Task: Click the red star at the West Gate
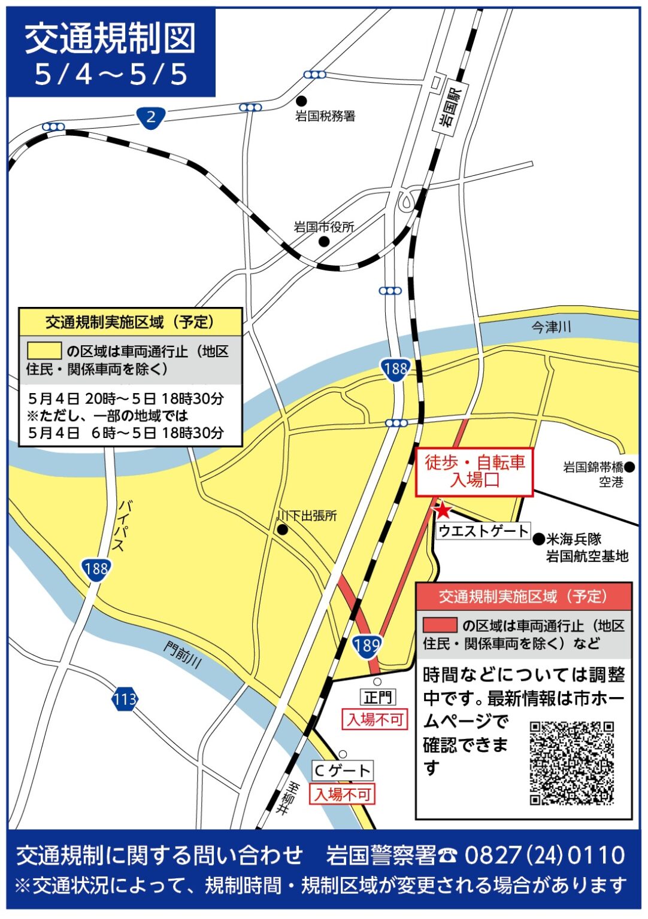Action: (443, 510)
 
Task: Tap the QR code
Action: (571, 763)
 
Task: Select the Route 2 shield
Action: (150, 117)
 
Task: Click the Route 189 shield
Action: (366, 645)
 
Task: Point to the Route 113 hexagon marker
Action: (125, 699)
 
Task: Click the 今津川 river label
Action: (551, 327)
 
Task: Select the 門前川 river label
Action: (183, 655)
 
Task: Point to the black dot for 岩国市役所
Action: (323, 242)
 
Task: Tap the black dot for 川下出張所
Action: (283, 530)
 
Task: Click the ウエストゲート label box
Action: (483, 531)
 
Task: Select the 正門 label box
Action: (378, 697)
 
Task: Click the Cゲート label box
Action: (342, 771)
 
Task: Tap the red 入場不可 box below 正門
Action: (375, 719)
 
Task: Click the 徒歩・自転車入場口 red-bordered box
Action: (474, 471)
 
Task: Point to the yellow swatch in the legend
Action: (44, 351)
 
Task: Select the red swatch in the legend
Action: (440, 625)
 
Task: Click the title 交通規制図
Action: (110, 39)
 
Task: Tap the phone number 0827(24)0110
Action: (544, 856)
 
